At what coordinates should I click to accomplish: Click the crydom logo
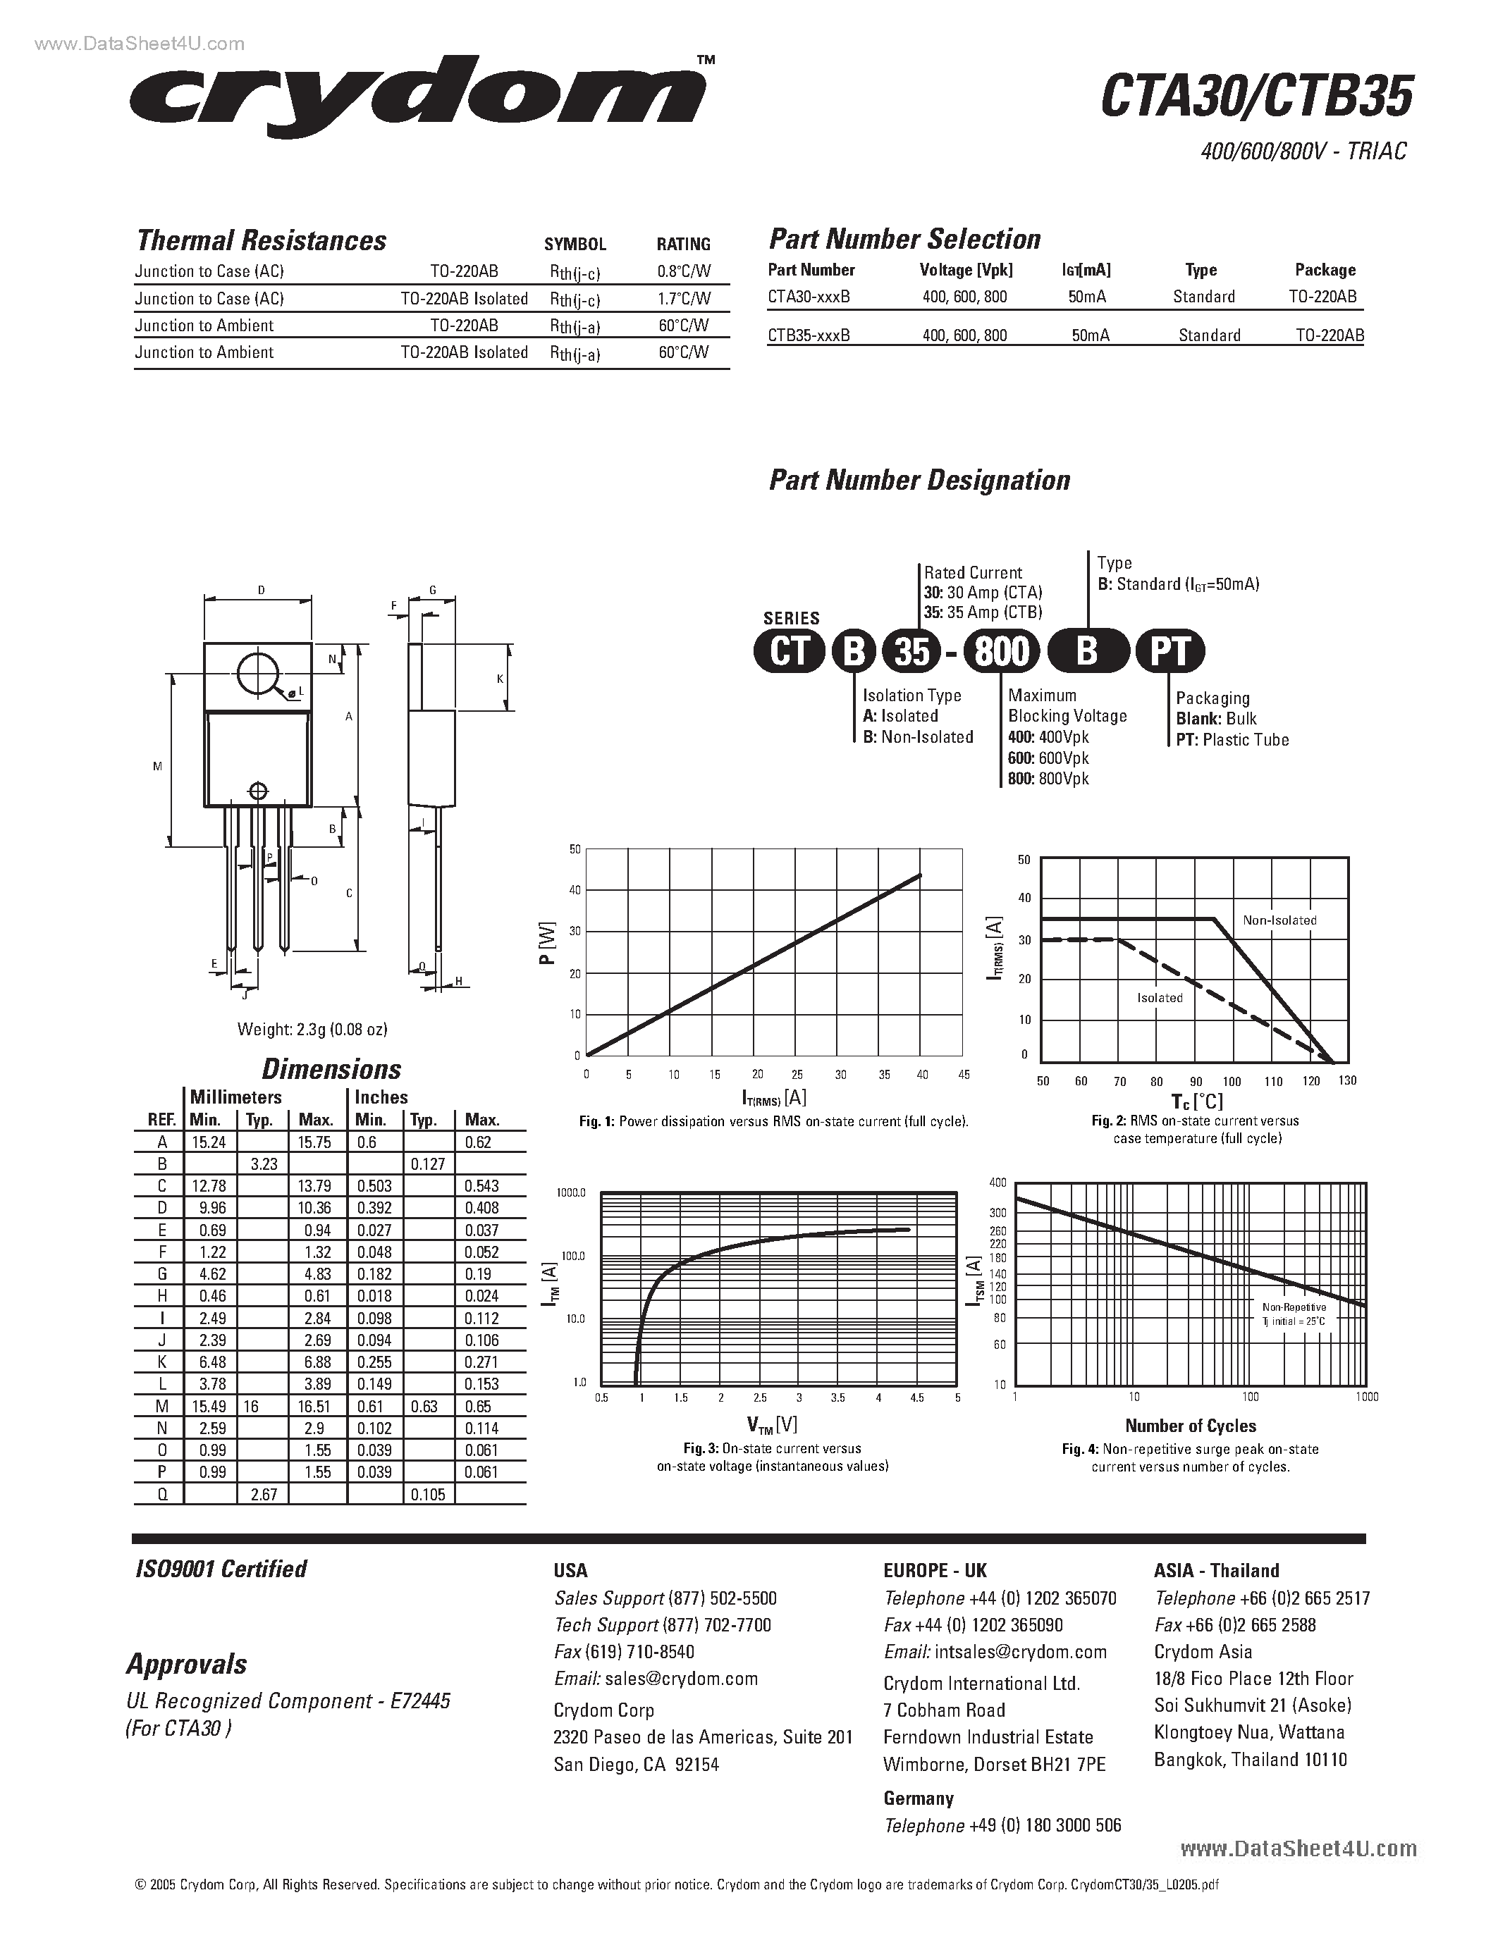pyautogui.click(x=417, y=98)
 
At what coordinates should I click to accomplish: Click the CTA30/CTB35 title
pyautogui.click(x=1255, y=98)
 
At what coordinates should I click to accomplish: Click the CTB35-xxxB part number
pyautogui.click(x=809, y=335)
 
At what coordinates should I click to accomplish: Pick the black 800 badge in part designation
pyautogui.click(x=1001, y=652)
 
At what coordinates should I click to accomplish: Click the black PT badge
pyautogui.click(x=1169, y=652)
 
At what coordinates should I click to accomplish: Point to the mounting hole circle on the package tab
pyautogui.click(x=258, y=674)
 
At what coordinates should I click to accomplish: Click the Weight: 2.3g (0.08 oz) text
pyautogui.click(x=312, y=1030)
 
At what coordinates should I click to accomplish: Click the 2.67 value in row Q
pyautogui.click(x=264, y=1494)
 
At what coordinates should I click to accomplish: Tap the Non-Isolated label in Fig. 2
pyautogui.click(x=1279, y=920)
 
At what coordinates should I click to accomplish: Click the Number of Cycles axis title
pyautogui.click(x=1190, y=1426)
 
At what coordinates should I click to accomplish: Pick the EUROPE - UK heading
pyautogui.click(x=935, y=1571)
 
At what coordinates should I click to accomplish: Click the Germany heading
pyautogui.click(x=918, y=1798)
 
